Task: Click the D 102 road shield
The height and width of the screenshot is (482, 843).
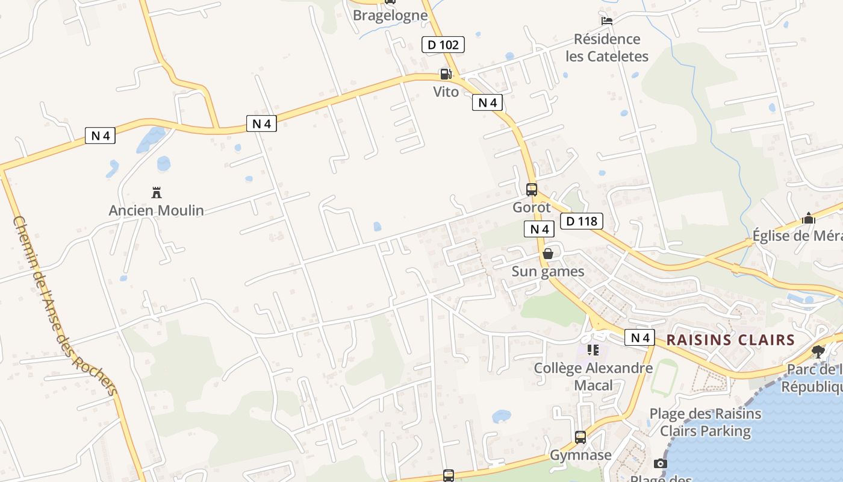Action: [443, 45]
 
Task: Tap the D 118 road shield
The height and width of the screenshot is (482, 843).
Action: [582, 221]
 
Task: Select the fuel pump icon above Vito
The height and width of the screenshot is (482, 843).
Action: [446, 74]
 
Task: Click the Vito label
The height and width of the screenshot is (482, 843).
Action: [446, 92]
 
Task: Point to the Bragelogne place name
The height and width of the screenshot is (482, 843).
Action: [390, 15]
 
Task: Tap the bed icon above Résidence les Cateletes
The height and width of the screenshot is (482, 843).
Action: [607, 20]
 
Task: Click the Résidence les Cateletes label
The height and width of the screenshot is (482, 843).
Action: [607, 48]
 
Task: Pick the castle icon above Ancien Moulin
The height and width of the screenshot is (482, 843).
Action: [157, 193]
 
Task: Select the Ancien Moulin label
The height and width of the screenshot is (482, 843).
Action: [157, 210]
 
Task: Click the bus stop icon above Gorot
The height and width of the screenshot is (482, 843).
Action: [532, 189]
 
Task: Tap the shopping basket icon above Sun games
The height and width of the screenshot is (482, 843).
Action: [548, 254]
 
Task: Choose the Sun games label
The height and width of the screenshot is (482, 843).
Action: [548, 271]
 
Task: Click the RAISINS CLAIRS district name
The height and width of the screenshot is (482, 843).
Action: [730, 340]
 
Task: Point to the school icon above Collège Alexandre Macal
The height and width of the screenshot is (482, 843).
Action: [593, 350]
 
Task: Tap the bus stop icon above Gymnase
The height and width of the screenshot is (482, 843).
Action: [580, 437]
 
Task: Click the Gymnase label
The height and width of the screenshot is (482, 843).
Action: [580, 455]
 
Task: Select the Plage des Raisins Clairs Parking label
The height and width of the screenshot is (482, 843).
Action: [705, 422]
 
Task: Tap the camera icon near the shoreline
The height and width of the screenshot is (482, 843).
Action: [661, 463]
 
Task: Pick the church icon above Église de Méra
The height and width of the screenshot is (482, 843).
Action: [809, 218]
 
